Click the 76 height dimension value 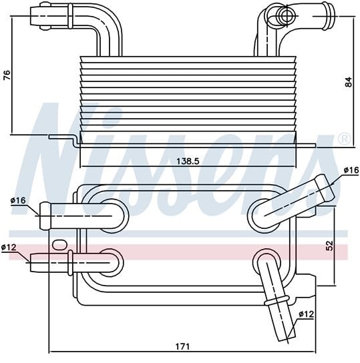(7, 75)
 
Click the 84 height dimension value (348, 81)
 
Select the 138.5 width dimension (188, 161)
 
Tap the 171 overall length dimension (182, 346)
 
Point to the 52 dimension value (329, 246)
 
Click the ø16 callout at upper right (351, 170)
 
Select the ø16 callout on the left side (18, 200)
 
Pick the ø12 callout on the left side (9, 248)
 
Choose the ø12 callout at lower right (307, 314)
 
